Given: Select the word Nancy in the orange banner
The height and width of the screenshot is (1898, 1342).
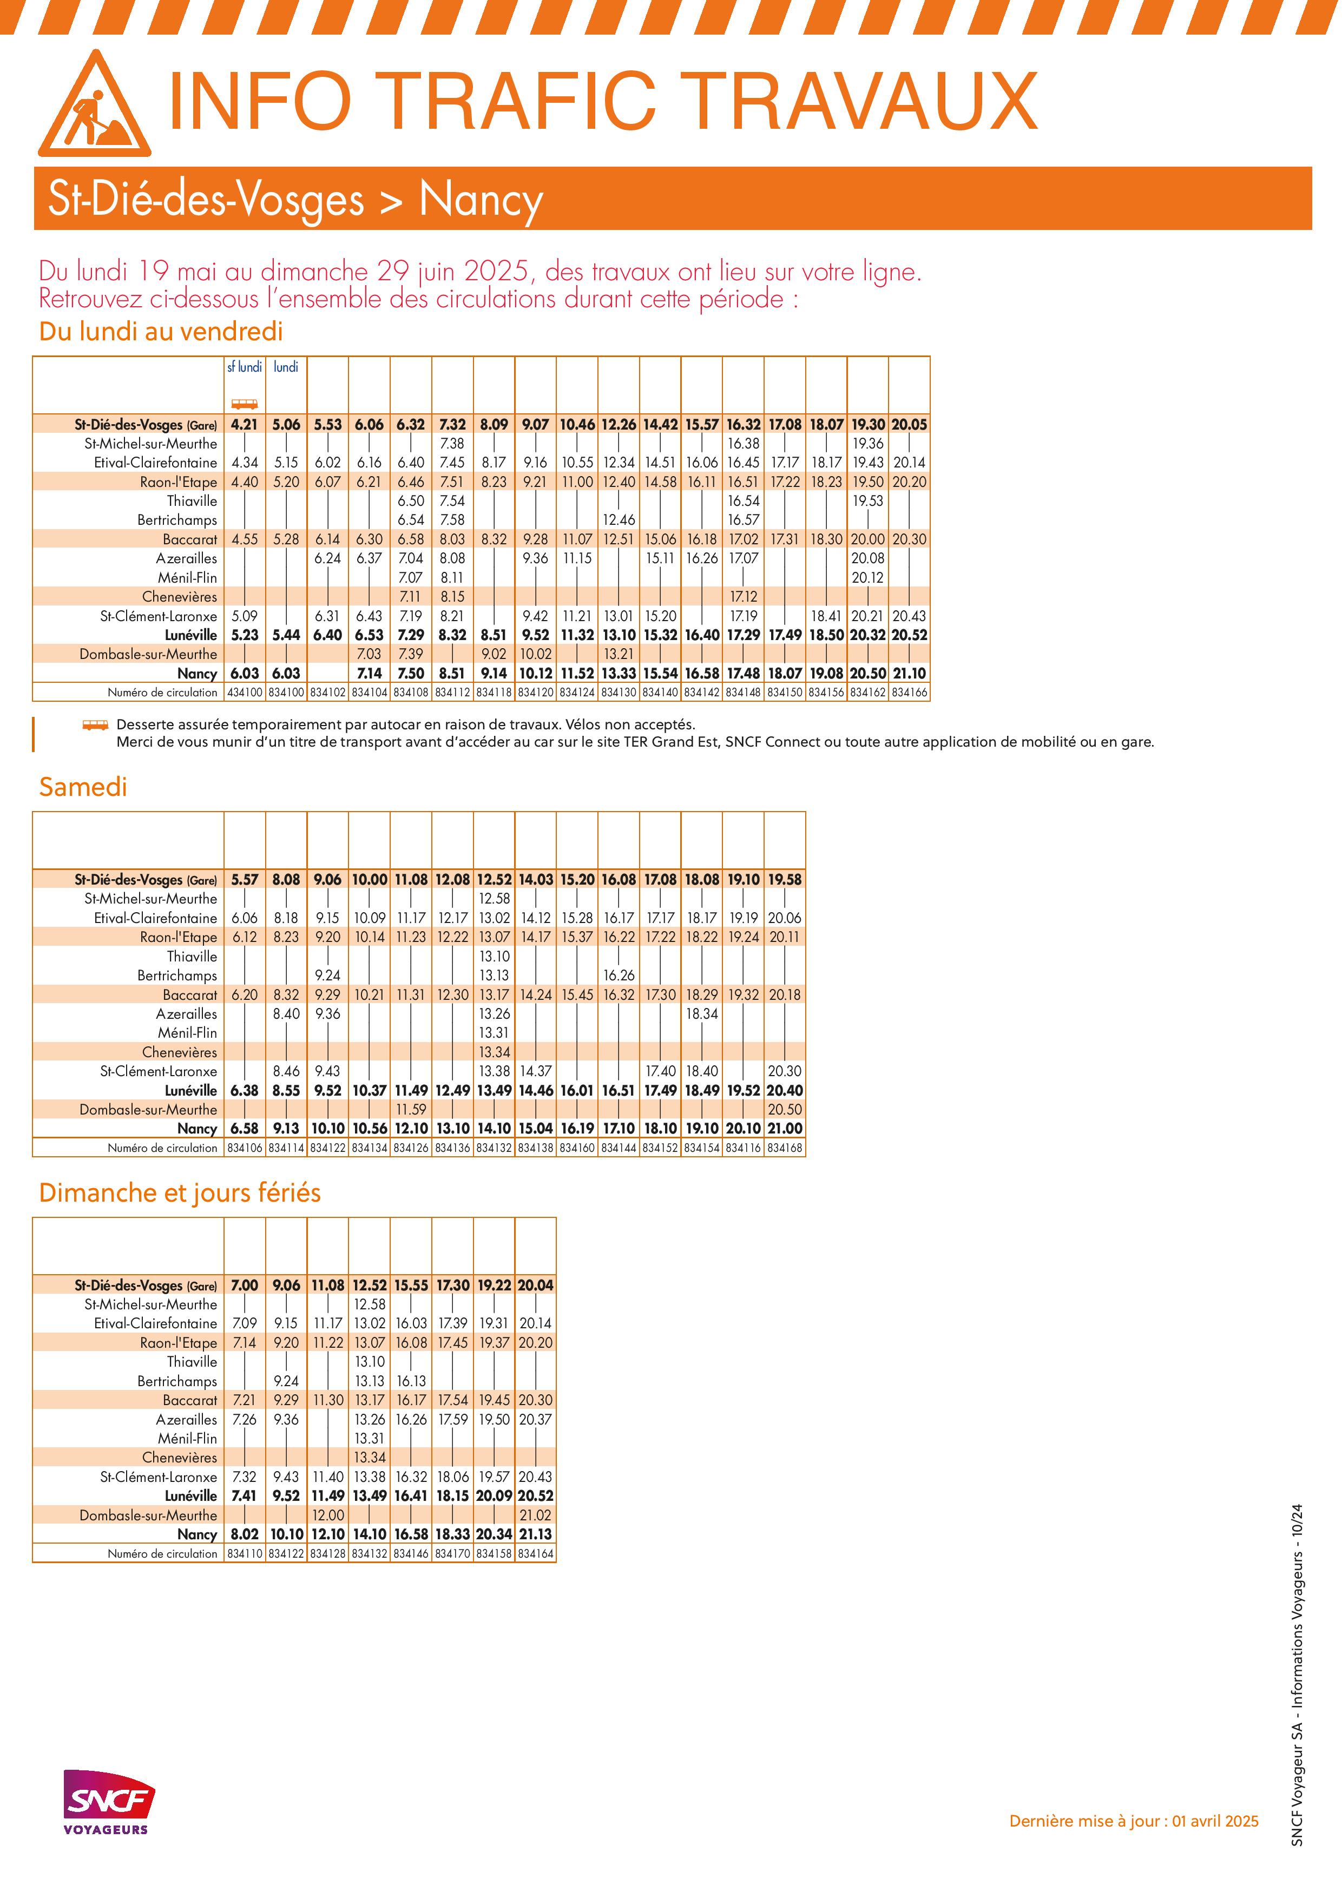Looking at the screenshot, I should tap(481, 199).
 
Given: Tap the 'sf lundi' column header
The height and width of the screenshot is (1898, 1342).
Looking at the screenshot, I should tap(244, 367).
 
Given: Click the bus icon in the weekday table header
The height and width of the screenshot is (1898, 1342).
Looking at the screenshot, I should tap(244, 404).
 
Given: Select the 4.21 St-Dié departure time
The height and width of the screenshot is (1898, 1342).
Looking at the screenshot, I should tap(244, 424).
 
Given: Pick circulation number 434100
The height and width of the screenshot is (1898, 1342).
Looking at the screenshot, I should tap(244, 692).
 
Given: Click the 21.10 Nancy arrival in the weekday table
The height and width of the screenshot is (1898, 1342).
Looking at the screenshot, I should tap(909, 673).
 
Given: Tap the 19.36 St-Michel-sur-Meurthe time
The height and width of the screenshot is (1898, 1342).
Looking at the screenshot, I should tap(867, 443).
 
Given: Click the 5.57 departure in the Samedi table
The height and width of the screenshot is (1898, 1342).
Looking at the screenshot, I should tap(244, 880).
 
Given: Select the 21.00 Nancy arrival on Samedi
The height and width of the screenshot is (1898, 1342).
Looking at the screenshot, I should tap(784, 1129).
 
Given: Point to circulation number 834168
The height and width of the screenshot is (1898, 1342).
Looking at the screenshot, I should tap(784, 1148).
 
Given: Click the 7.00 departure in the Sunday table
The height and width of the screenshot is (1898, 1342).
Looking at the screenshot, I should tap(244, 1286).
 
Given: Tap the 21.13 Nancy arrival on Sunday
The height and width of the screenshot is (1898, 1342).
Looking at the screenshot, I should tap(535, 1534).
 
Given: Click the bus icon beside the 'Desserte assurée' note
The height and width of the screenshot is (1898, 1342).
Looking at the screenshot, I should tap(95, 725).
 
